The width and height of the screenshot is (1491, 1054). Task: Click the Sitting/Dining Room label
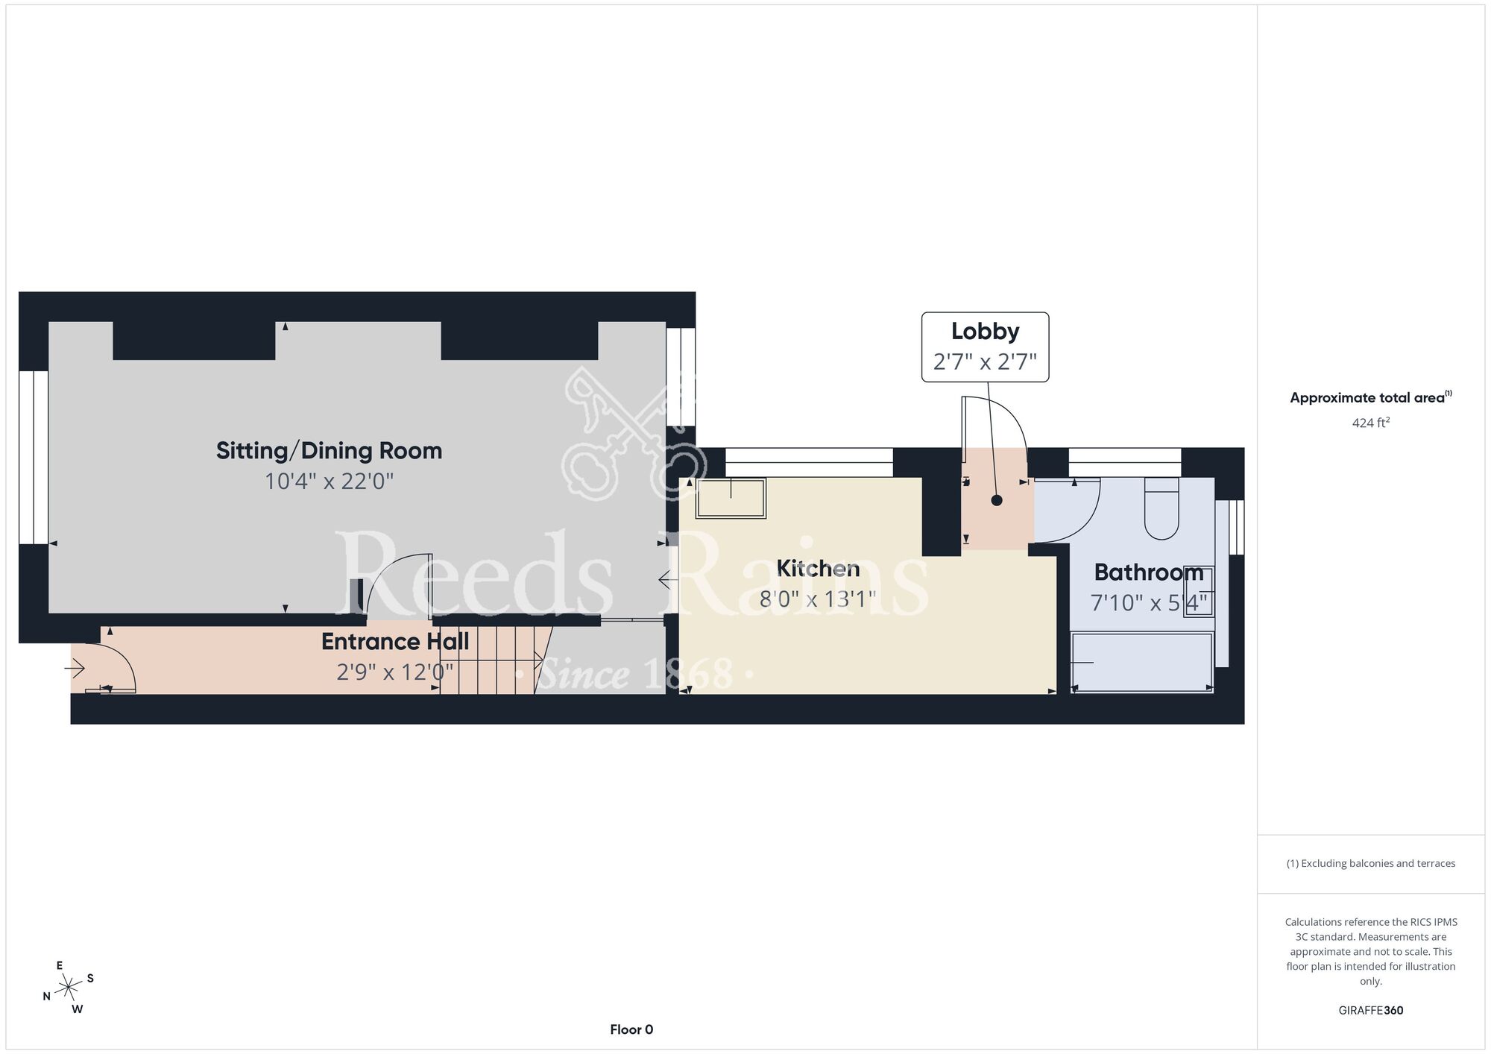[329, 451]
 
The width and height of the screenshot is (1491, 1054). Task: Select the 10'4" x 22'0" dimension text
[329, 482]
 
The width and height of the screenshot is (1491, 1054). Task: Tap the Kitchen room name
[818, 569]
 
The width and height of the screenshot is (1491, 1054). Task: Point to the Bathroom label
[1149, 572]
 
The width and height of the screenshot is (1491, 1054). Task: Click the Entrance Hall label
[395, 642]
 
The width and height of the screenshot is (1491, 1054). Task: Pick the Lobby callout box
[985, 347]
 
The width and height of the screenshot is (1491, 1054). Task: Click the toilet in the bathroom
[1161, 508]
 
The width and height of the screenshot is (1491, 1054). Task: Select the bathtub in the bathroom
[1142, 662]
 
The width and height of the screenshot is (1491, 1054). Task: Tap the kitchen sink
[731, 498]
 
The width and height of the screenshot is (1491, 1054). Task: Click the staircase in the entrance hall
[495, 660]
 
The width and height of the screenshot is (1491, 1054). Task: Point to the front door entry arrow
[75, 669]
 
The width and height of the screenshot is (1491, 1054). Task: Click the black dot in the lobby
[997, 501]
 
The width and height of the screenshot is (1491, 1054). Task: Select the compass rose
[69, 988]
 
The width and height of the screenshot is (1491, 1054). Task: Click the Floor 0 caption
[631, 1029]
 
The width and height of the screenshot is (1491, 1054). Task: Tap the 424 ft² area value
[1371, 423]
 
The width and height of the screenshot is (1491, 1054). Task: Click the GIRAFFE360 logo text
[1371, 1011]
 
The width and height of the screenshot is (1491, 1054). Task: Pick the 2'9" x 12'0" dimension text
[395, 672]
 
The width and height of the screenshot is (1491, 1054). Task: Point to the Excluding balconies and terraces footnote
[1371, 863]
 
